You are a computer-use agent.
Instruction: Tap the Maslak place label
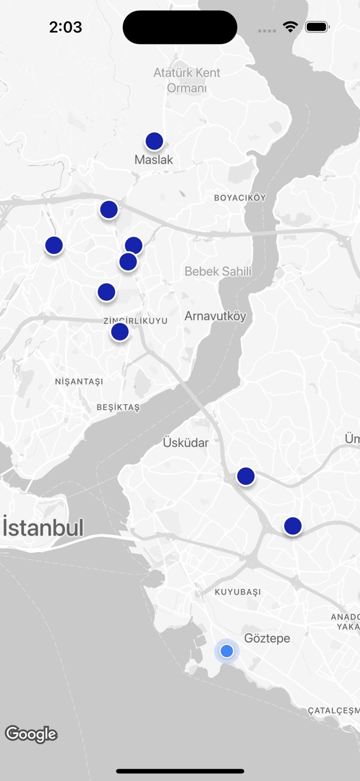click(154, 160)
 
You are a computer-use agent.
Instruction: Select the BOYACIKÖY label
click(240, 198)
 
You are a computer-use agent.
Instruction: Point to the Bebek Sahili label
click(218, 272)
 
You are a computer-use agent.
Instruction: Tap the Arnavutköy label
click(215, 316)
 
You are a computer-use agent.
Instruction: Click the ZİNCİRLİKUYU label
click(135, 321)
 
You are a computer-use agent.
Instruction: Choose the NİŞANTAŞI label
click(79, 381)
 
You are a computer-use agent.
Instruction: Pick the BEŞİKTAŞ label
click(118, 407)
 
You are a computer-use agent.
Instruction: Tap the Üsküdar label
click(185, 442)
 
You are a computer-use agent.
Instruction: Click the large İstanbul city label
click(43, 528)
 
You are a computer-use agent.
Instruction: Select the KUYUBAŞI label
click(238, 592)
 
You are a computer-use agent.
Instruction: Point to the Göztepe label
click(267, 638)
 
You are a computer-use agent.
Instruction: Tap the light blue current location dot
click(227, 651)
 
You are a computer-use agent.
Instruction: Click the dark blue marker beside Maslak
click(154, 142)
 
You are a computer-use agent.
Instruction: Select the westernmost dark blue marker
click(54, 245)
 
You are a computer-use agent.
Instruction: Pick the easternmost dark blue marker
click(293, 525)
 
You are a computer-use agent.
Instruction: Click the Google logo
click(31, 734)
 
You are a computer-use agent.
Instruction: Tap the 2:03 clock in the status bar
click(65, 27)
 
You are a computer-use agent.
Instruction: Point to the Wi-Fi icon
click(290, 27)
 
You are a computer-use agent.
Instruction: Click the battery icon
click(317, 27)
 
